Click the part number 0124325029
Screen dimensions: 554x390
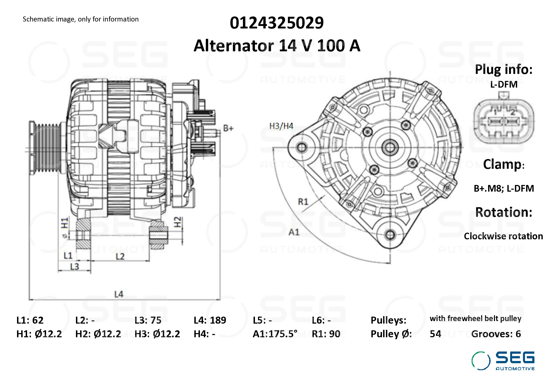(x=276, y=23)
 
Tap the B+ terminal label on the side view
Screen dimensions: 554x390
(x=228, y=128)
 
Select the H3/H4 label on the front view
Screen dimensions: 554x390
(x=281, y=126)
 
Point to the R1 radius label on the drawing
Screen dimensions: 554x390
(x=303, y=201)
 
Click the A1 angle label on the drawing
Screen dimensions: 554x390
(x=294, y=232)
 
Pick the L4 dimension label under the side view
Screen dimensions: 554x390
(x=119, y=294)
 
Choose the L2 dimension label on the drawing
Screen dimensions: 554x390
(x=120, y=256)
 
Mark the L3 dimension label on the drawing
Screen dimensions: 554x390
(x=74, y=267)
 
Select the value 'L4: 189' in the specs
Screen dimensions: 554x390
(x=210, y=320)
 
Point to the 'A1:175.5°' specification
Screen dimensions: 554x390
(x=275, y=334)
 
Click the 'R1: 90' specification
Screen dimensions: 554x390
(x=326, y=334)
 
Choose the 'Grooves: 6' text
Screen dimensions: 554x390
(x=496, y=334)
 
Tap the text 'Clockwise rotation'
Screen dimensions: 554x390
(x=503, y=236)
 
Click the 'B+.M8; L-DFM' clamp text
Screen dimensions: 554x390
(x=503, y=189)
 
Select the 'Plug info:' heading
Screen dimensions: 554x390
(x=503, y=69)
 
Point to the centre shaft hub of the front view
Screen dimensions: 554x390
(x=390, y=147)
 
